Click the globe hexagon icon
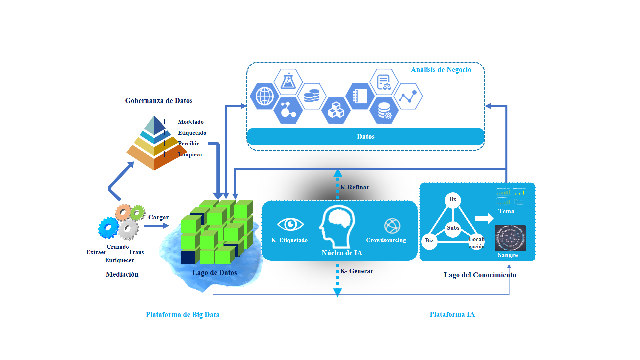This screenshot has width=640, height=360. point(265,96)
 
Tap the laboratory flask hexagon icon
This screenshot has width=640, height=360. point(288,82)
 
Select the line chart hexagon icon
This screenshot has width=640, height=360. point(408,96)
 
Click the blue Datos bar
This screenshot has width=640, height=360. point(365,137)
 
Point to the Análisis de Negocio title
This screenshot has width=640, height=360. point(441,70)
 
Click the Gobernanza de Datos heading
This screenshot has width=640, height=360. point(159,101)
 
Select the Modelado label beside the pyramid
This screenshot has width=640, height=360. point(191,122)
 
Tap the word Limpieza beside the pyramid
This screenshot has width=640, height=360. point(190,155)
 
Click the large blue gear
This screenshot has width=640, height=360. point(108,228)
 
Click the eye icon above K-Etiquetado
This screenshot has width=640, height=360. point(290,224)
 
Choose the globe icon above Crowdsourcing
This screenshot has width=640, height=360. point(392,226)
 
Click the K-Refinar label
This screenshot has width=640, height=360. point(355,187)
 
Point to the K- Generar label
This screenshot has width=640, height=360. point(357,271)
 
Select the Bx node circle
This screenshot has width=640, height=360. point(453,200)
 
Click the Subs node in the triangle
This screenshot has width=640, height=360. point(453,229)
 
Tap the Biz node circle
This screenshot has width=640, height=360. point(429,241)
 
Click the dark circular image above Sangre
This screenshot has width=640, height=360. point(510,238)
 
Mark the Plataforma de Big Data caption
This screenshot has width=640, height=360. point(183,315)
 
